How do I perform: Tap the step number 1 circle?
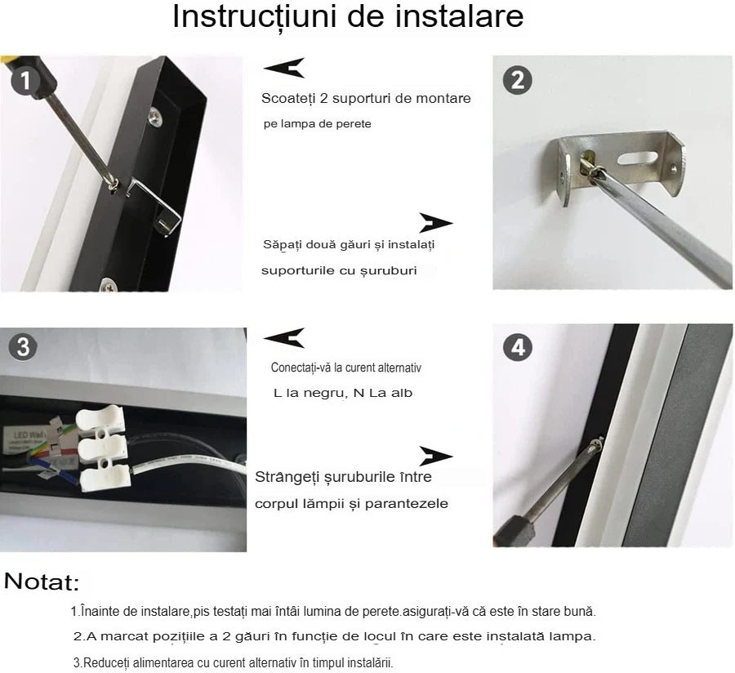[x=25, y=80]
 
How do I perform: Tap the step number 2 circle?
[x=518, y=80]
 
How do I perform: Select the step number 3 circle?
[x=23, y=346]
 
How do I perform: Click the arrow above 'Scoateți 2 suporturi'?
[x=284, y=68]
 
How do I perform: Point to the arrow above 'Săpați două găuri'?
[x=435, y=223]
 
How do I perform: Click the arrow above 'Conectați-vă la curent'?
[x=284, y=337]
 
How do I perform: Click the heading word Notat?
[x=42, y=582]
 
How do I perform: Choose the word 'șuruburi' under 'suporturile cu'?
[x=390, y=270]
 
